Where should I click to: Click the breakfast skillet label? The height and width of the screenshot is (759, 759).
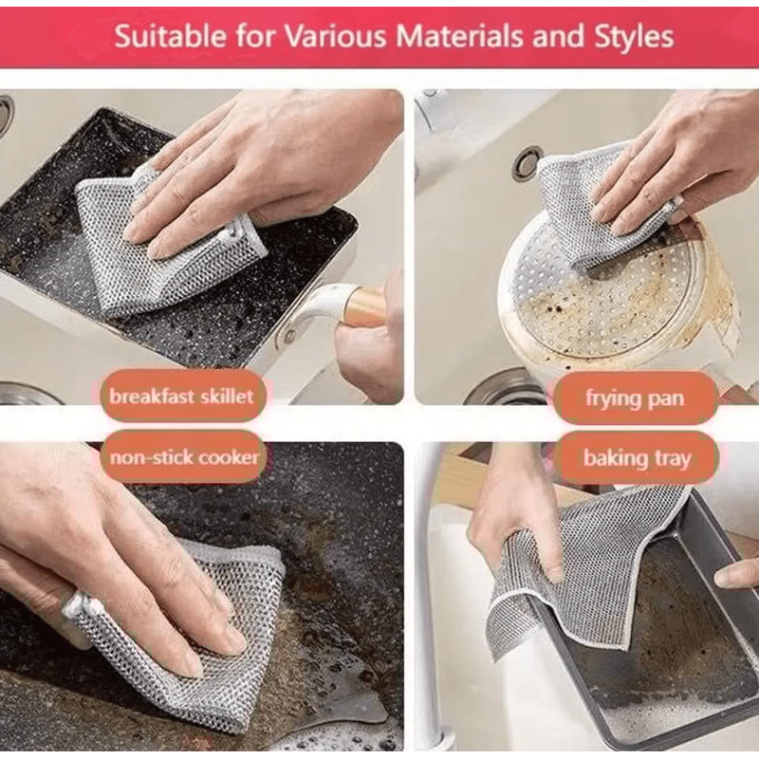point(181,396)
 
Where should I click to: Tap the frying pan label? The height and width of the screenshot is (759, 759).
point(635,398)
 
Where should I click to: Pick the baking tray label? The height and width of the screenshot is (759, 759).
point(637,459)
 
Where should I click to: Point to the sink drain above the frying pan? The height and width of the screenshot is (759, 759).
point(528,162)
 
